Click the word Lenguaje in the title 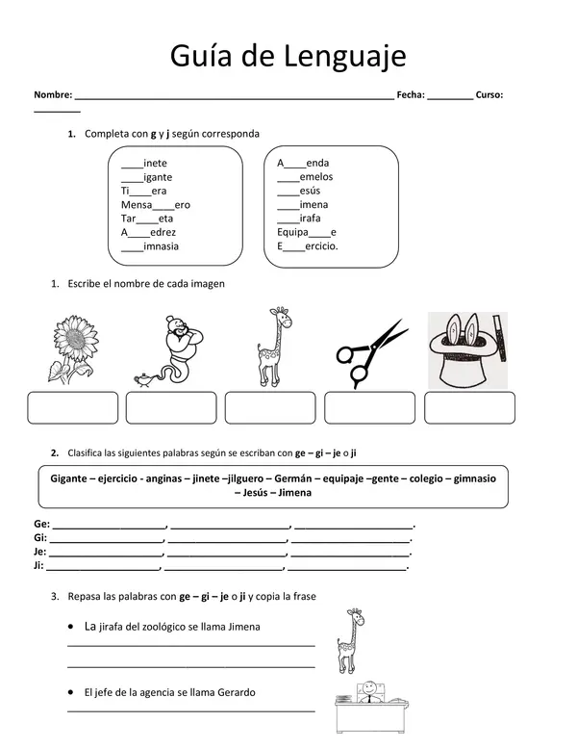coord(345,57)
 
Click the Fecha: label coord(411,94)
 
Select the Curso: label coord(489,94)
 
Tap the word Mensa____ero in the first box coord(156,205)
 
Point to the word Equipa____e coord(307,232)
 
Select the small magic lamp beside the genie coord(146,379)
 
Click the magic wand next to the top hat coord(499,338)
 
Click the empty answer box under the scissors coord(369,408)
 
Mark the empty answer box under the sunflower coord(73,408)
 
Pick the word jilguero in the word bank coord(245,479)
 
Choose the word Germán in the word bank coord(293,478)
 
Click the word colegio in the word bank coord(425,479)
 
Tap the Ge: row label coord(42,524)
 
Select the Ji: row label coord(38,566)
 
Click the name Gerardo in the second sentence coord(237,692)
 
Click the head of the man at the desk coord(368,688)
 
